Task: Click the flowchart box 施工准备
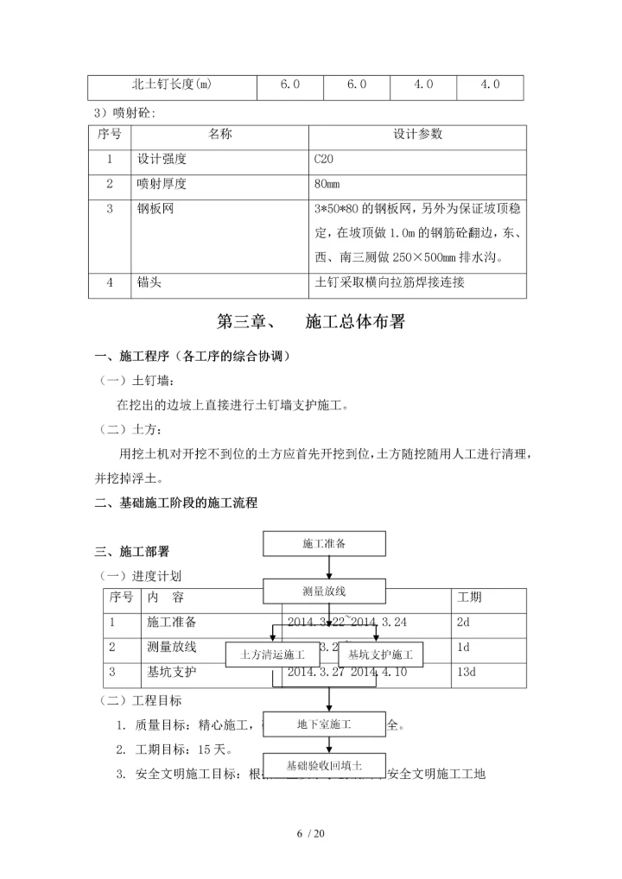coord(324,544)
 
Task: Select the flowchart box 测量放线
coord(324,591)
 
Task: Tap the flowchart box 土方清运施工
coord(272,655)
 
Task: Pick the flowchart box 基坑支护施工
coord(380,655)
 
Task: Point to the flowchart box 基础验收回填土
coord(324,764)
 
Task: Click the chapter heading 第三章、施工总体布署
coord(310,322)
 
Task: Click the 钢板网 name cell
coord(155,209)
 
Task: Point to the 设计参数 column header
coord(417,135)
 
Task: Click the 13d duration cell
coord(464,671)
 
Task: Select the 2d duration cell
coord(463,622)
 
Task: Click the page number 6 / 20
coord(310,833)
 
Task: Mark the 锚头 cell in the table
coord(149,282)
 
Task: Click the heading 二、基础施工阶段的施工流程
coord(176,503)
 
